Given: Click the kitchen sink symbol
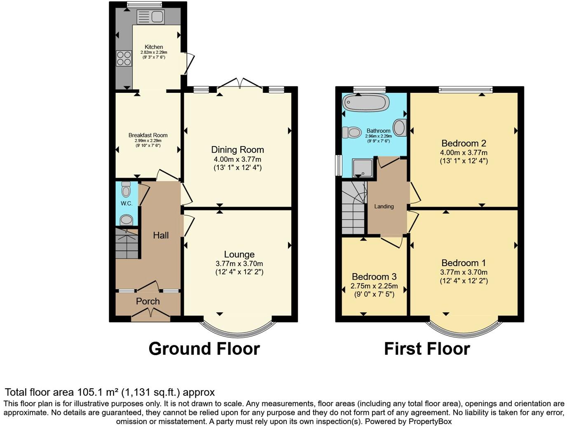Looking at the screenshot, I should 150,17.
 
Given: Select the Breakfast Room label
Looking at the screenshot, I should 148,135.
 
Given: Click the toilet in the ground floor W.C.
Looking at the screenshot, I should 126,190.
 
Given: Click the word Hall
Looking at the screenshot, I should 161,235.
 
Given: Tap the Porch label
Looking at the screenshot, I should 148,302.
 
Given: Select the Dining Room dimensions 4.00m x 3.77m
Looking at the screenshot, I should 237,159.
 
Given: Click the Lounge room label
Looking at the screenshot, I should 239,255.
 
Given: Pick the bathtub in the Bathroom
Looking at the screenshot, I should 366,102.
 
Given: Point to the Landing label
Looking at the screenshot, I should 384,206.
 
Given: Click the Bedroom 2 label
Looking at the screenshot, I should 464,144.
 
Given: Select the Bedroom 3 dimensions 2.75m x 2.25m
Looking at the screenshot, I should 374,286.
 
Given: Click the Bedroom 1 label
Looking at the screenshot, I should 464,263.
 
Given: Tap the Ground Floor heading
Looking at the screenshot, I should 204,349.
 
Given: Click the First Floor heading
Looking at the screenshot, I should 427,349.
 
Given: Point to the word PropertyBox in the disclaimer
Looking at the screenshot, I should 430,422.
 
